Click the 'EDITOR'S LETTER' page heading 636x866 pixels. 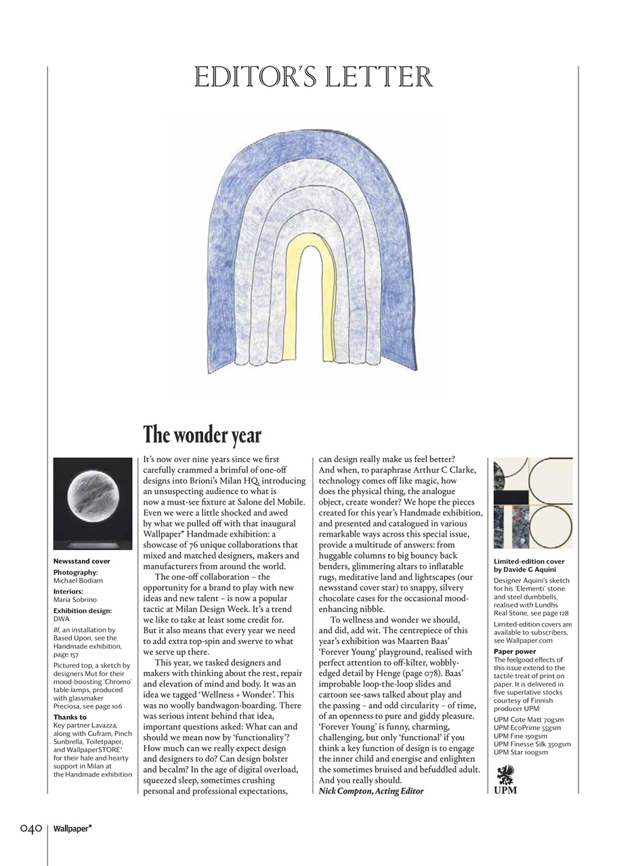tap(313, 77)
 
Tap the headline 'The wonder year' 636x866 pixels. tap(202, 435)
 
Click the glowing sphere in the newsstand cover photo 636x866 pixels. tap(92, 499)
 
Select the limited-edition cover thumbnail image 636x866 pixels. tap(532, 503)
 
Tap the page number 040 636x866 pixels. tap(31, 828)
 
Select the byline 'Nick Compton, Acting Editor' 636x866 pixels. tap(371, 791)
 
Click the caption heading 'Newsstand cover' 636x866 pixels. tap(81, 561)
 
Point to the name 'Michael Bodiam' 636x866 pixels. tap(78, 580)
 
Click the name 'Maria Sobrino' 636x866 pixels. tap(75, 599)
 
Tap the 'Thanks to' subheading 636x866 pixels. tap(70, 717)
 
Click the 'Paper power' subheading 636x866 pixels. tap(515, 652)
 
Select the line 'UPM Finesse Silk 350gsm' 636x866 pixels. tap(532, 744)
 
